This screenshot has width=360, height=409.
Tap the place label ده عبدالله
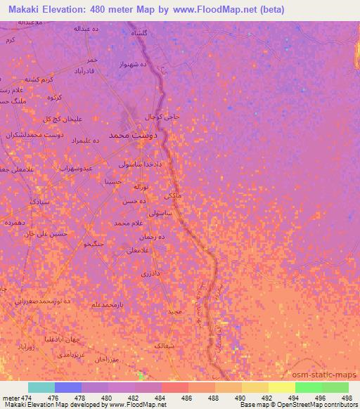(89, 29)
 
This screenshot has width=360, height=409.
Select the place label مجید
(174, 310)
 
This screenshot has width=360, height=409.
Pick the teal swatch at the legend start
(41, 387)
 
